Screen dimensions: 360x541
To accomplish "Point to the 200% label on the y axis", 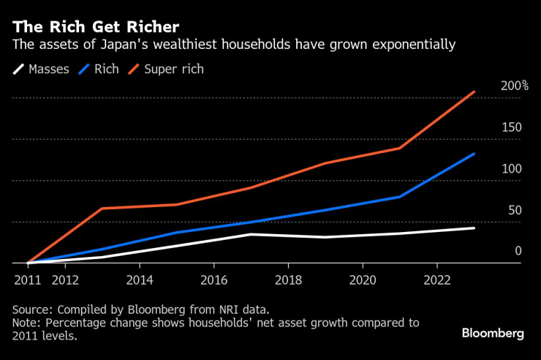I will (x=514, y=86).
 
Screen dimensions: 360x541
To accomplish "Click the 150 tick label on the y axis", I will (x=511, y=127).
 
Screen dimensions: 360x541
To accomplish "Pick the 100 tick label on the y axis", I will (x=511, y=169).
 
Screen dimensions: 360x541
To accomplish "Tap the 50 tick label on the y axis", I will (x=515, y=211).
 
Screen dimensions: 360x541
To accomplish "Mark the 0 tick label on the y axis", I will (x=518, y=251).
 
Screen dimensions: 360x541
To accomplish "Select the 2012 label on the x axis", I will (x=65, y=279).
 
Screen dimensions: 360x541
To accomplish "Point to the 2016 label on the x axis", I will (x=213, y=279).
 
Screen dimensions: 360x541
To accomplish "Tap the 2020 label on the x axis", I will (x=363, y=279).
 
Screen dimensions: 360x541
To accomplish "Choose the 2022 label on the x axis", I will (x=436, y=279).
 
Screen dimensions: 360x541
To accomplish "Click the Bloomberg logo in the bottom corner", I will (x=493, y=333).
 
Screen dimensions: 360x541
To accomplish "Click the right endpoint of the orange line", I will (x=474, y=91).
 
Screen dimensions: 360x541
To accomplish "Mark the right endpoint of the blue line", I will (x=474, y=154).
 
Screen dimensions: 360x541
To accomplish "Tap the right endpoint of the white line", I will (x=474, y=228).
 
